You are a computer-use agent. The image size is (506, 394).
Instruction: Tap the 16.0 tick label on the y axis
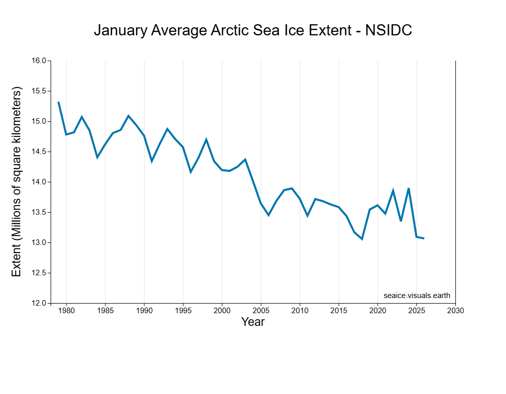click(39, 61)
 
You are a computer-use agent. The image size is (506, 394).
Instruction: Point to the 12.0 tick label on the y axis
click(39, 304)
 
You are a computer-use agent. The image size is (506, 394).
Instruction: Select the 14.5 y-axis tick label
click(39, 152)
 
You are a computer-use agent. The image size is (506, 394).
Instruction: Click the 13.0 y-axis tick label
click(39, 243)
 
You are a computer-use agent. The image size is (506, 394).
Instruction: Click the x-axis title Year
click(253, 322)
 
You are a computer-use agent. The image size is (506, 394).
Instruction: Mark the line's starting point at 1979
click(59, 103)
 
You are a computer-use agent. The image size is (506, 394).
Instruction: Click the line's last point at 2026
click(424, 238)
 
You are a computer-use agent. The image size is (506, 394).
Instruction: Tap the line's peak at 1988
click(129, 116)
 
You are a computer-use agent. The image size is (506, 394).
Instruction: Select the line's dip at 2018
click(362, 239)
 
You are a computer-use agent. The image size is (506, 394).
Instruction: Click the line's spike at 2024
click(408, 188)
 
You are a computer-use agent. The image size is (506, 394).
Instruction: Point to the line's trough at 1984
click(97, 158)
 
